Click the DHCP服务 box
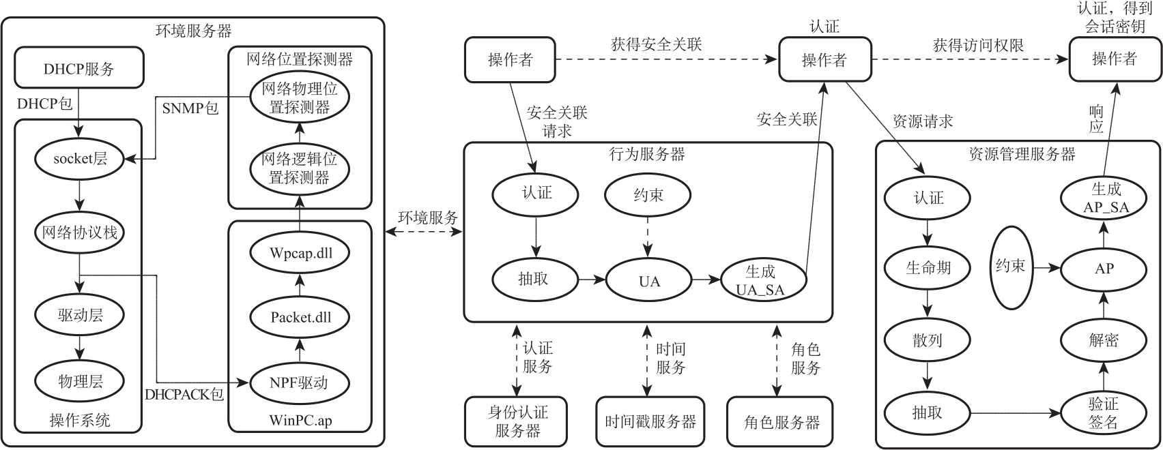click(79, 68)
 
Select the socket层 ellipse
click(81, 159)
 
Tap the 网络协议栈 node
click(81, 232)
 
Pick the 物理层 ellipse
click(81, 381)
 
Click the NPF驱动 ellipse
click(300, 382)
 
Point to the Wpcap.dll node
click(300, 252)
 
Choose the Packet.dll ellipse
click(300, 317)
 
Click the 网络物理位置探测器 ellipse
click(300, 98)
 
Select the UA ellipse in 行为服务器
click(648, 280)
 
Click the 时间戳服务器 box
click(650, 421)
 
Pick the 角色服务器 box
click(781, 421)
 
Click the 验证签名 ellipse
click(1103, 413)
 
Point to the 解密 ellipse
click(1103, 340)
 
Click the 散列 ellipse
click(928, 340)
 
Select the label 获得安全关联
click(656, 45)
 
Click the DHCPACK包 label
click(184, 394)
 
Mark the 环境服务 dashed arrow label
click(428, 217)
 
